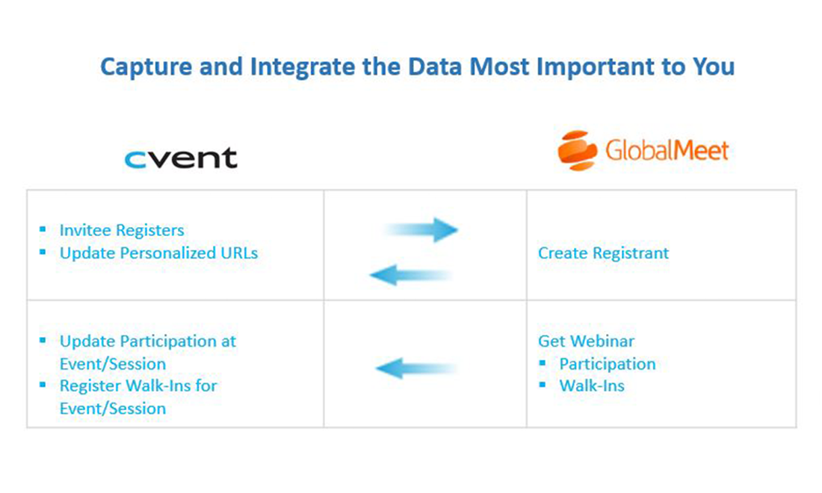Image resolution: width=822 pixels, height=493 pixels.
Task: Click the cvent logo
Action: coord(181,158)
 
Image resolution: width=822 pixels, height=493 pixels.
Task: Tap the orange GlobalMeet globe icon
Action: coord(577,150)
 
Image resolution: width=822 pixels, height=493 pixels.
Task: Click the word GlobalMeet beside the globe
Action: coord(667,152)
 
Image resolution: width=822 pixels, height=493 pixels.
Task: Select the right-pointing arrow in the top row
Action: coord(422,230)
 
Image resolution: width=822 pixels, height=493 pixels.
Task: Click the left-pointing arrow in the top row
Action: coord(410,276)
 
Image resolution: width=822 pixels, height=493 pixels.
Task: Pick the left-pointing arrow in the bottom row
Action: coord(415,368)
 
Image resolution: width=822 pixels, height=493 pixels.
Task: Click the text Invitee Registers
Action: coord(122,230)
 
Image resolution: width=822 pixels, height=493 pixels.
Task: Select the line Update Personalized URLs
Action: coord(158,253)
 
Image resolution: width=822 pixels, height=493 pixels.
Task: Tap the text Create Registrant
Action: coord(603,253)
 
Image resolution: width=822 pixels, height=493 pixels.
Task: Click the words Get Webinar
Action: coord(586,341)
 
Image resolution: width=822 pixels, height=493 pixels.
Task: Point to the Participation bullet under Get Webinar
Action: coord(607,364)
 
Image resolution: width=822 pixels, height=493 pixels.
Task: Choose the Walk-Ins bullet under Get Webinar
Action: coord(592,386)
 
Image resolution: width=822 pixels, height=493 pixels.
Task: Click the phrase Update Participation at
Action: coord(148,341)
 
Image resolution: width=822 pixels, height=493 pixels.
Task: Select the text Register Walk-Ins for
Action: coord(138,386)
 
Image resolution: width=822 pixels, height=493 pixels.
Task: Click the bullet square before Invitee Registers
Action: coord(43,229)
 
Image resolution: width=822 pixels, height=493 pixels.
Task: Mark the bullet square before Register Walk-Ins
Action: coord(43,385)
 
